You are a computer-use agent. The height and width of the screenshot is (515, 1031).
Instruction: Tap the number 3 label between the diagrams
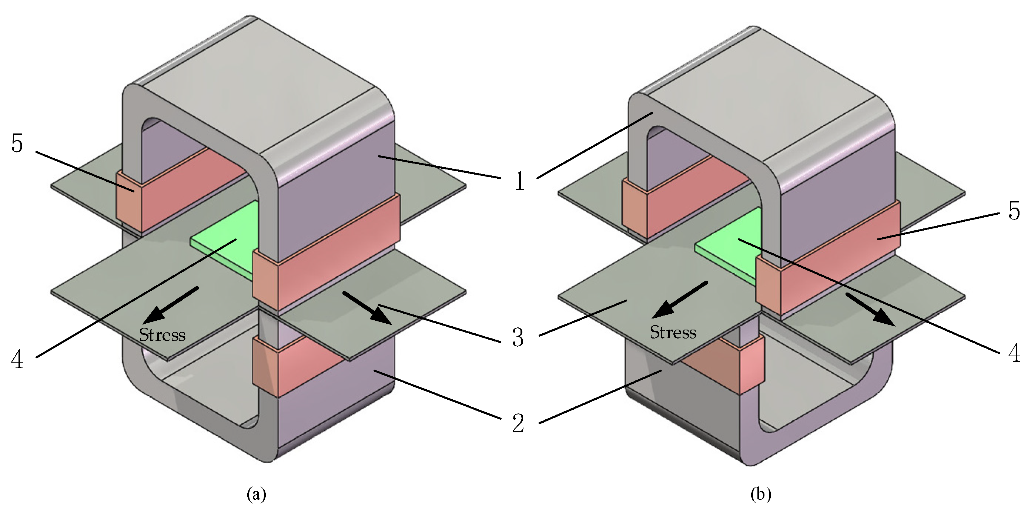point(518,337)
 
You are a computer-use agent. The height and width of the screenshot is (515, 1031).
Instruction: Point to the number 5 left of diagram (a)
point(17,144)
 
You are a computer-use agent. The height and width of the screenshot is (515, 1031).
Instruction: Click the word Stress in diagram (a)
point(162,335)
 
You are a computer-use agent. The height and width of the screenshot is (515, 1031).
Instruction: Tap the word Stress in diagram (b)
point(673,332)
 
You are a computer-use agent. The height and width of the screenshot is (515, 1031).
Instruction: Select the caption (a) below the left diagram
point(257,494)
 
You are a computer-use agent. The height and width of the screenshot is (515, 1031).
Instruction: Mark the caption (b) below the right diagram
point(760,494)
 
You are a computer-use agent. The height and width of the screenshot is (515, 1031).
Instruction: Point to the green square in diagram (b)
point(726,244)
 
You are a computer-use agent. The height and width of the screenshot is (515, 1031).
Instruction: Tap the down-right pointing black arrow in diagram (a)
point(366,308)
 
